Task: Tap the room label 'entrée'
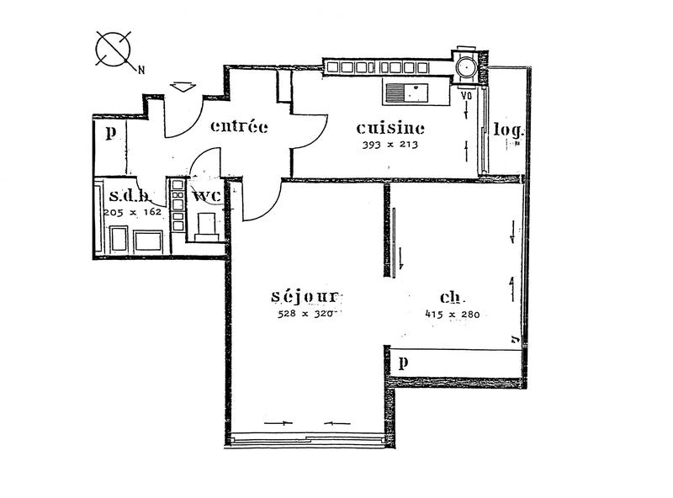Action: [239, 127]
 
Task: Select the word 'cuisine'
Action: [389, 129]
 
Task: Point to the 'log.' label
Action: [508, 130]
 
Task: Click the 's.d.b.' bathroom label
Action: [130, 197]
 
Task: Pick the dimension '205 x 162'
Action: [132, 213]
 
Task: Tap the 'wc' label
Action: [206, 197]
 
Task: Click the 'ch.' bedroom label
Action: [453, 298]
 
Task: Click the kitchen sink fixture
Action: [407, 91]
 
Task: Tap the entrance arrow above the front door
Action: [182, 87]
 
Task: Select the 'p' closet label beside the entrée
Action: [110, 132]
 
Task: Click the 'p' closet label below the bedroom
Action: [404, 363]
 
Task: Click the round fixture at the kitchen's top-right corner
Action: [465, 65]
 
